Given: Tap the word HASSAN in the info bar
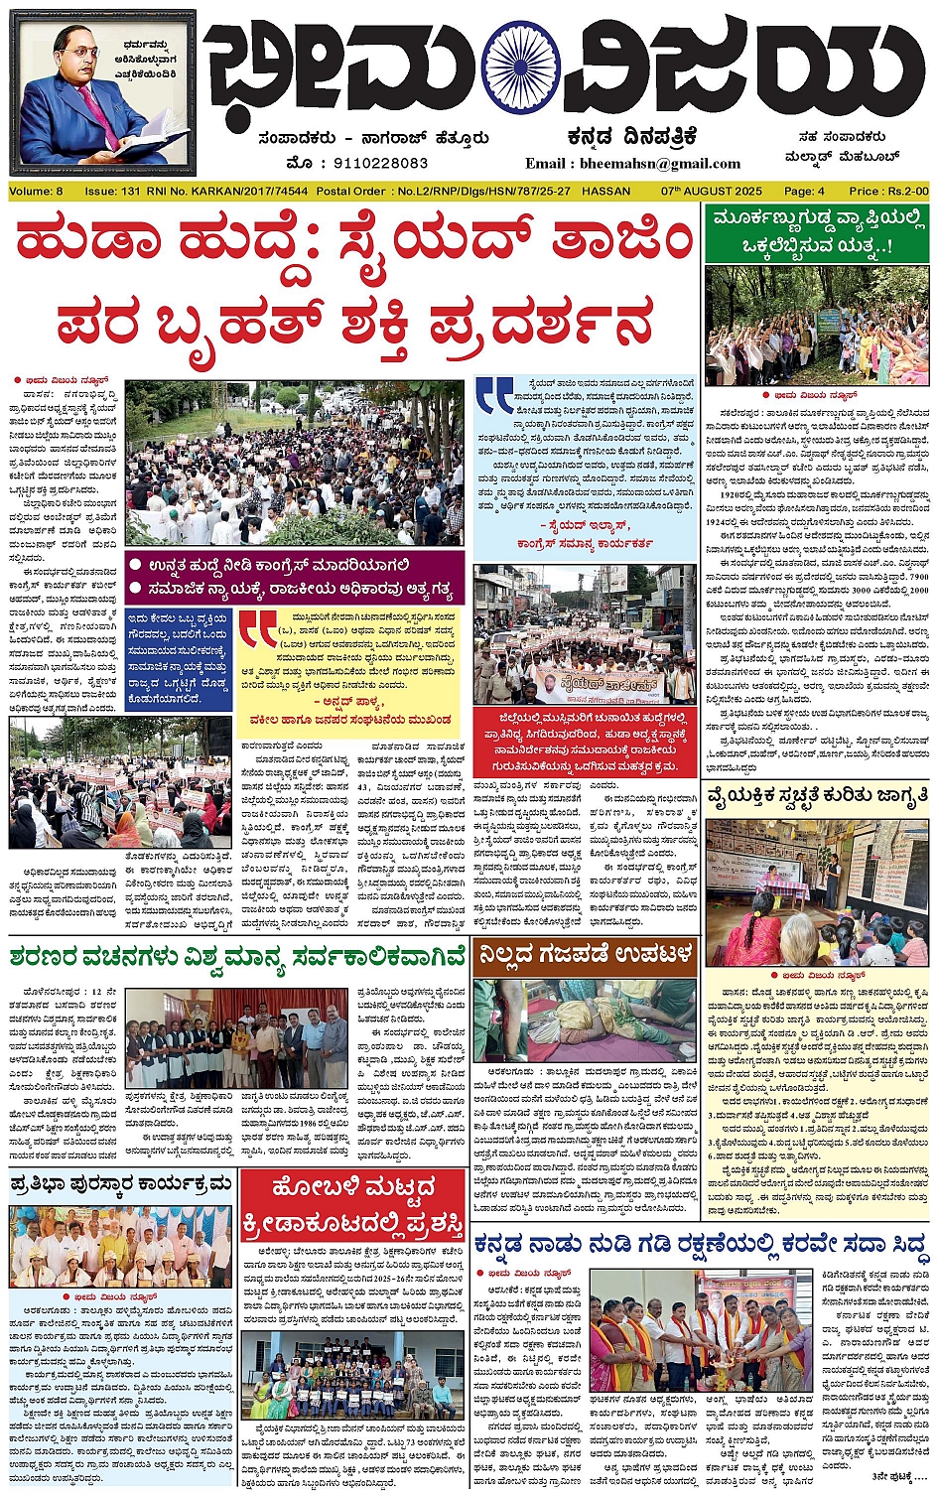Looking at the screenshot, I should (x=606, y=191).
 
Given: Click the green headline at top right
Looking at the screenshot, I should (x=817, y=231).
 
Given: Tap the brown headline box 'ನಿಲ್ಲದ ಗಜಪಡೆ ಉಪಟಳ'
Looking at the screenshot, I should (x=586, y=955).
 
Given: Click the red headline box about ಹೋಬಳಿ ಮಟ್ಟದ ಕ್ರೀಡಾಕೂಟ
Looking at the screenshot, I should (x=352, y=1200).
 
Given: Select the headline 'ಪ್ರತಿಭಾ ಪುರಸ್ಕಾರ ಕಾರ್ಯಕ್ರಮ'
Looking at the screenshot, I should (x=121, y=1184).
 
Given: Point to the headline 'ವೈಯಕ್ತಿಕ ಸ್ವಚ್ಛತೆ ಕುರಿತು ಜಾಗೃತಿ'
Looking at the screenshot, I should (x=817, y=797).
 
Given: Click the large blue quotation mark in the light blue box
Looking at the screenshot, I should (x=494, y=394).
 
